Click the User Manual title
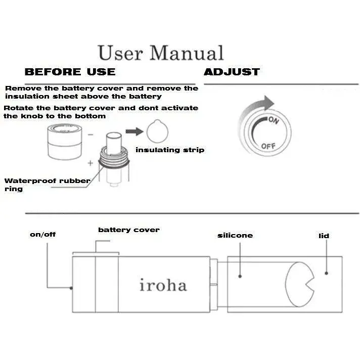pos(160,53)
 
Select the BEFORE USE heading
pos(70,72)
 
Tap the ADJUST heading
pos(232,72)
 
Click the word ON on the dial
pos(274,120)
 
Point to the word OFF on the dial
pos(268,146)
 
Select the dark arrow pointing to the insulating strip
pos(134,131)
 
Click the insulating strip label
pos(170,150)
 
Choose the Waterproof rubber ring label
pos(47,185)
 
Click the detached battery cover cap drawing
pos(65,141)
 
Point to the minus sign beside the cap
pos(91,134)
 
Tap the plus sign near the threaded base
pos(91,163)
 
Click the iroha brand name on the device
pos(163,285)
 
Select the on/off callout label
pos(42,235)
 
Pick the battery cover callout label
pos(129,230)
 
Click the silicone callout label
pos(235,235)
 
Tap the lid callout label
pos(324,236)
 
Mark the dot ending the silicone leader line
pos(240,276)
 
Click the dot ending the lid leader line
pos(326,273)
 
